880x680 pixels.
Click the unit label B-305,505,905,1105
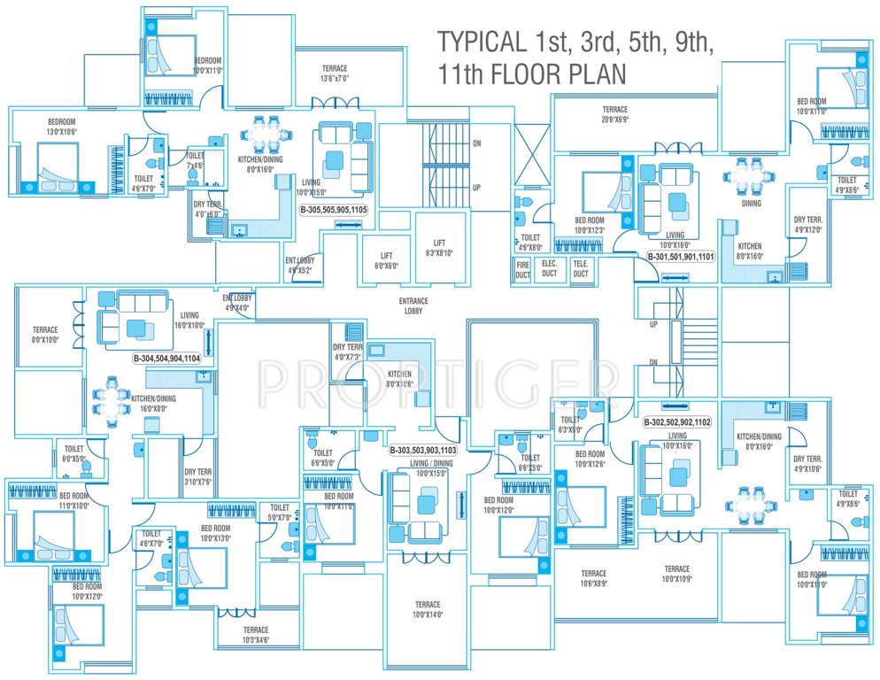(333, 210)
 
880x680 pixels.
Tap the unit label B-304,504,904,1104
(166, 359)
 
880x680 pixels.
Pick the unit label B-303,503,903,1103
(423, 450)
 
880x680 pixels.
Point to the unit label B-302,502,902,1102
(676, 422)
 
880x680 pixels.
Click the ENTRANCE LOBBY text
(413, 305)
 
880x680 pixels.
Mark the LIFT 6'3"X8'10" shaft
(439, 247)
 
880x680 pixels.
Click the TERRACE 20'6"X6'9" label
(615, 114)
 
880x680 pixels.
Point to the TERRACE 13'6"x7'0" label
(335, 73)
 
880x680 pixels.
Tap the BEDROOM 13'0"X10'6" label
(62, 127)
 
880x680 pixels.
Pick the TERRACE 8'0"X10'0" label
(45, 333)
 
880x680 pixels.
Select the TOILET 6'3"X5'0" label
(570, 424)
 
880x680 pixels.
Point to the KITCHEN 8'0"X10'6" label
(399, 379)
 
